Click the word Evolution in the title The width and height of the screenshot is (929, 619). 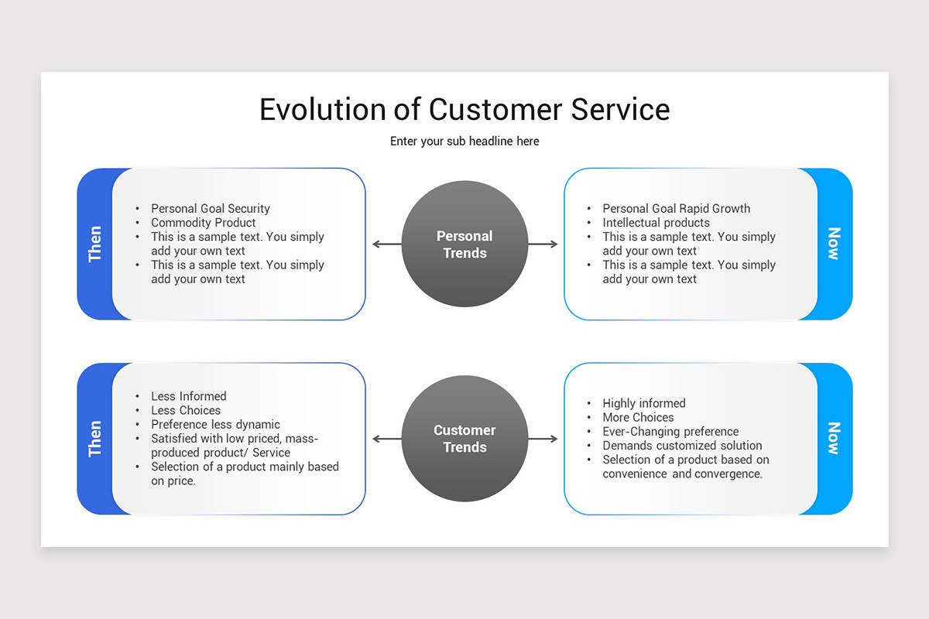click(x=323, y=110)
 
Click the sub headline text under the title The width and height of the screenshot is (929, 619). click(x=464, y=142)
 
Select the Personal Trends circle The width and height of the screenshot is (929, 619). click(x=464, y=244)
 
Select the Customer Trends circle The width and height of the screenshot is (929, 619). click(x=464, y=439)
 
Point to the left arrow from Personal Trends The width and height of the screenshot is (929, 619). click(x=387, y=244)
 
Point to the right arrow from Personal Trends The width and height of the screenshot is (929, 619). click(x=543, y=244)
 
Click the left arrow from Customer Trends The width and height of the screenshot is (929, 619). click(x=387, y=439)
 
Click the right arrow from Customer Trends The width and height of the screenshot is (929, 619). click(x=543, y=439)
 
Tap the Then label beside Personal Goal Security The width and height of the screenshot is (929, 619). click(x=94, y=244)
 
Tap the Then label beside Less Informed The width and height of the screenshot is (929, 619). click(x=94, y=439)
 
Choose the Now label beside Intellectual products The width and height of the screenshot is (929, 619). click(x=835, y=244)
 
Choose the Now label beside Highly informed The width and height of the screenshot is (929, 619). click(x=835, y=439)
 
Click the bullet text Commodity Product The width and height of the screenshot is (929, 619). click(x=203, y=223)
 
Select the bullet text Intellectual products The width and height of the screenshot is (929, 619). click(x=656, y=223)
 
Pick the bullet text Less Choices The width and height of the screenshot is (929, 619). click(x=186, y=410)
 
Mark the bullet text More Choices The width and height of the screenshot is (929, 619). click(x=638, y=417)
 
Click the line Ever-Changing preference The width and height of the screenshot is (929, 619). click(x=670, y=432)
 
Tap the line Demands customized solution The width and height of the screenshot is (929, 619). click(x=682, y=446)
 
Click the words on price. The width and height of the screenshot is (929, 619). click(x=173, y=481)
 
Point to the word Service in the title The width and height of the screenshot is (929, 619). click(x=620, y=110)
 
